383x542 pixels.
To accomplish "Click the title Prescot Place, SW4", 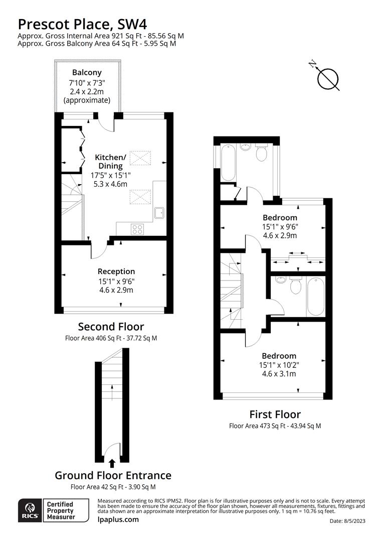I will pyautogui.click(x=83, y=24).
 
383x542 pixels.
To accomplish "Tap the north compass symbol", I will pyautogui.click(x=328, y=78).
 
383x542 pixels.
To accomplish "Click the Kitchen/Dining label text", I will pyautogui.click(x=110, y=162).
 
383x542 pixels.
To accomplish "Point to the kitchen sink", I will pyautogui.click(x=160, y=214).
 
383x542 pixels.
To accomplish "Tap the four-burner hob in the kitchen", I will pyautogui.click(x=137, y=229).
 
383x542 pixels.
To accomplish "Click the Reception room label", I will pyautogui.click(x=116, y=272).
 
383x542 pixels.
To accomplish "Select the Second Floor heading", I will pyautogui.click(x=111, y=327).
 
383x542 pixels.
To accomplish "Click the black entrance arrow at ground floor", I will pyautogui.click(x=112, y=463).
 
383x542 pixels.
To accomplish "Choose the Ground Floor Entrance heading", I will pyautogui.click(x=113, y=475).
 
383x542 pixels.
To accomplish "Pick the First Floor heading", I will pyautogui.click(x=275, y=414).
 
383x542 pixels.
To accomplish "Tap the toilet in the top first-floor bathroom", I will pyautogui.click(x=261, y=153).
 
